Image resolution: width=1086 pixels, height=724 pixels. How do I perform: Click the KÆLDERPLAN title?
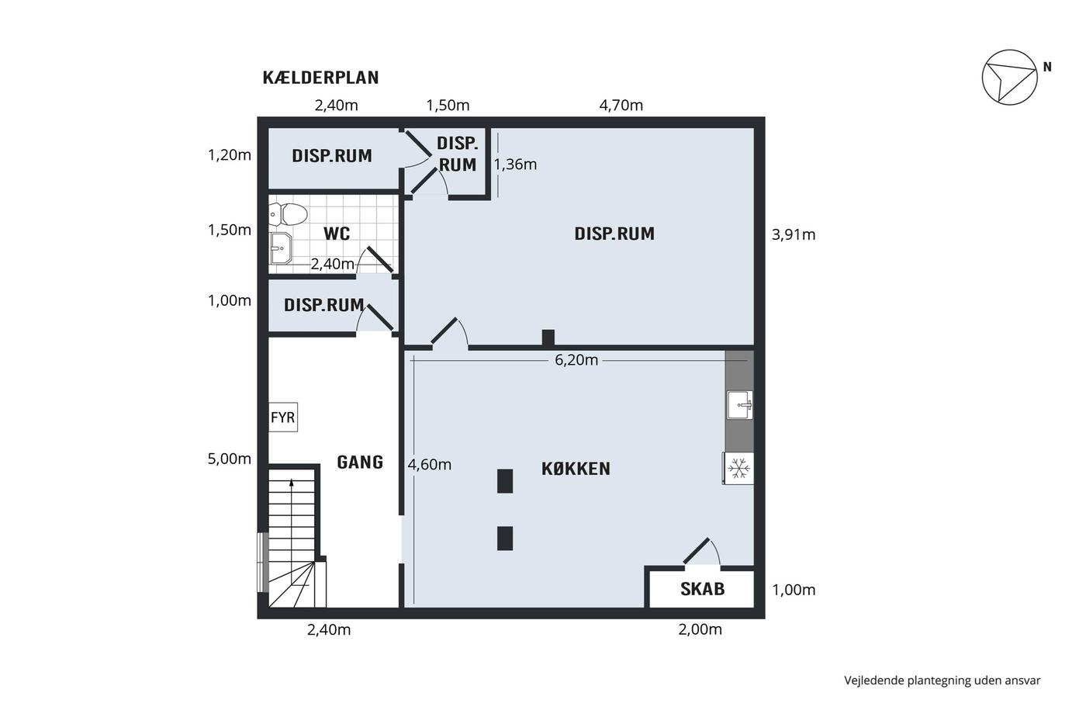click(320, 78)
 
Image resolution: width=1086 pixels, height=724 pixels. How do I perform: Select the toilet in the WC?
click(289, 214)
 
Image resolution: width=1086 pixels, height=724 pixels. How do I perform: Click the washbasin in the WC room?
click(281, 248)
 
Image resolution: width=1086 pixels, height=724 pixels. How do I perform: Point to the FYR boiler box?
click(283, 417)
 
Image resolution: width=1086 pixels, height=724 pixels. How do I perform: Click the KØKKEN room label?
click(576, 469)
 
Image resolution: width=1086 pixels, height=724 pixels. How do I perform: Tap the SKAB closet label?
click(703, 589)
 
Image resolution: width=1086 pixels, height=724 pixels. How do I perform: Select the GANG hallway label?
click(360, 462)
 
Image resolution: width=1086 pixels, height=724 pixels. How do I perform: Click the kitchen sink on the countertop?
click(740, 404)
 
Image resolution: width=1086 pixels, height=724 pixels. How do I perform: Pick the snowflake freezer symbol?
click(738, 469)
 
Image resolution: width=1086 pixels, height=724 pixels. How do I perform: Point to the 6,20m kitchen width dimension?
click(576, 360)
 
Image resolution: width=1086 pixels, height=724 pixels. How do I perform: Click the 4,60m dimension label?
click(430, 465)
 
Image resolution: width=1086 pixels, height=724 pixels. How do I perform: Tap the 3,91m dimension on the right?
click(794, 234)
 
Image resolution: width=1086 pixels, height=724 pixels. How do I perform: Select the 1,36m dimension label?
click(515, 165)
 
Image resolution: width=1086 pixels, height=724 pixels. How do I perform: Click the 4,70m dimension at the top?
click(621, 106)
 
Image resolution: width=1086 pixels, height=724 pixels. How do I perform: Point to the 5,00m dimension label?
click(230, 459)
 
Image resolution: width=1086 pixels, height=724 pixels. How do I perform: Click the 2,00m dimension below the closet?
click(700, 629)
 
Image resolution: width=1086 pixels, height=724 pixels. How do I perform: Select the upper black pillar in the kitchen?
click(505, 481)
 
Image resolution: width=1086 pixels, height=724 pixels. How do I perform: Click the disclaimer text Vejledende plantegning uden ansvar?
click(942, 681)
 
